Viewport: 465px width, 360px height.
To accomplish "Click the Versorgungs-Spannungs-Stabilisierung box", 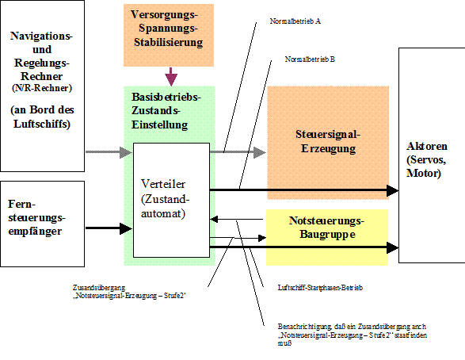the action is point(169,35).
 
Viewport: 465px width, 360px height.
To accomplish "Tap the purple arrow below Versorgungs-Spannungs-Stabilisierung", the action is point(171,77).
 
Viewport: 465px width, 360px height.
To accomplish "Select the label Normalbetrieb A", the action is point(295,21).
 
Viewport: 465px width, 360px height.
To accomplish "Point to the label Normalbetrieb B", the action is point(310,59).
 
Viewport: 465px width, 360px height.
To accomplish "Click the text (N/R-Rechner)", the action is point(42,88).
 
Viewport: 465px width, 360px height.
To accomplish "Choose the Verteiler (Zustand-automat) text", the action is point(165,198).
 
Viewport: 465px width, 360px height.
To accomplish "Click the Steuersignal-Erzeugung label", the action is point(328,141).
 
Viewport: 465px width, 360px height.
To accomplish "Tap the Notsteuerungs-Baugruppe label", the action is point(327,228).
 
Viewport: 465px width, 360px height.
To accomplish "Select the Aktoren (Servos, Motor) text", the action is point(427,159).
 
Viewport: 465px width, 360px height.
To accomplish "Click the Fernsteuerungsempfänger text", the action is point(36,217).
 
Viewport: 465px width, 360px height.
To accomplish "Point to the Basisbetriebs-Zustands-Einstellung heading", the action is point(166,111).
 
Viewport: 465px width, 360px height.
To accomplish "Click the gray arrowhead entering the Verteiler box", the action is point(126,152).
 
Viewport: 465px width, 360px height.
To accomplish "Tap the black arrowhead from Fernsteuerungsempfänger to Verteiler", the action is point(126,228).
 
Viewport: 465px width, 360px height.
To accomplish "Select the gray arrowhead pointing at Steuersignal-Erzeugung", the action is point(260,152).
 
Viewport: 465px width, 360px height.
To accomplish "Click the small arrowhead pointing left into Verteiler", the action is point(214,220).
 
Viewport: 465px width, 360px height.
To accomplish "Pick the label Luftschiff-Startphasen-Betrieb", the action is point(320,288).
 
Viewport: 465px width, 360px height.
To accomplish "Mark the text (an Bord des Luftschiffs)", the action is point(42,117).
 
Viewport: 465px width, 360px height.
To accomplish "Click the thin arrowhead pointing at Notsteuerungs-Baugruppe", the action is point(262,238).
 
